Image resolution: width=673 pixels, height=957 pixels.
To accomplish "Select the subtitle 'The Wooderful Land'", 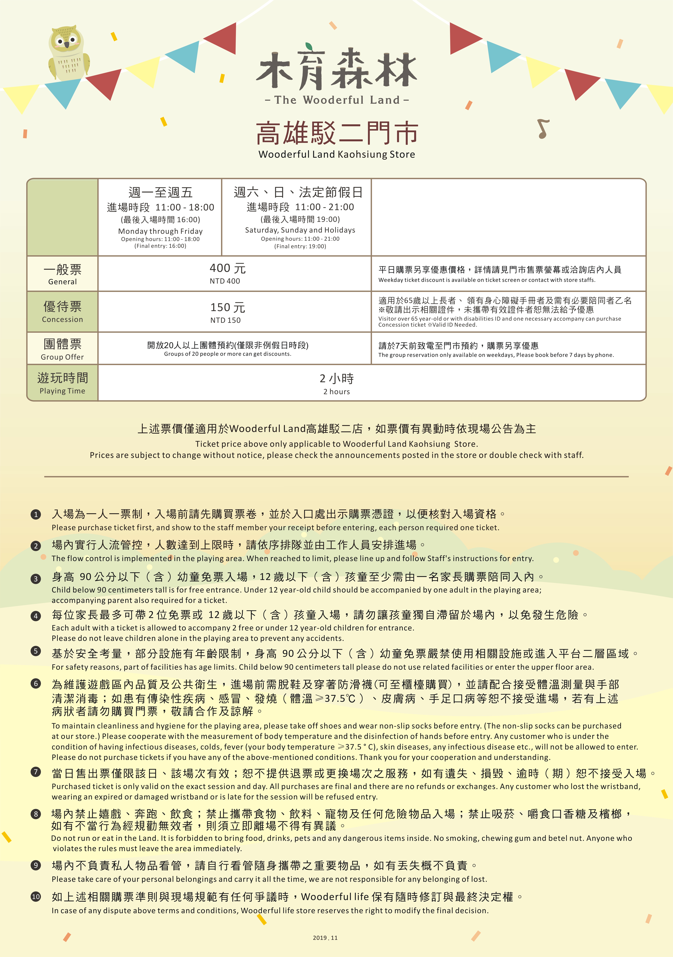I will pos(337,100).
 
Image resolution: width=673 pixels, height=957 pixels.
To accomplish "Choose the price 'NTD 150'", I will pos(225,320).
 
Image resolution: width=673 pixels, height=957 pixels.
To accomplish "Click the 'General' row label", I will pos(63,282).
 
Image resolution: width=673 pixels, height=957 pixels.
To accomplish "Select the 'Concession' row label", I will pos(63,319).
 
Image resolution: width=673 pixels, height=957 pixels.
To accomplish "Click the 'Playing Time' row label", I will pos(63,391).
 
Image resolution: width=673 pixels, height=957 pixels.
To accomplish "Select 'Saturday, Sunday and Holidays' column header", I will pos(300,230).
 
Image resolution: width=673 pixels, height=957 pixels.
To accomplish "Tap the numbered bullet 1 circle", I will pos(36,514).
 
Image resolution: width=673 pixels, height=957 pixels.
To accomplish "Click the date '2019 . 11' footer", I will pos(325,938).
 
